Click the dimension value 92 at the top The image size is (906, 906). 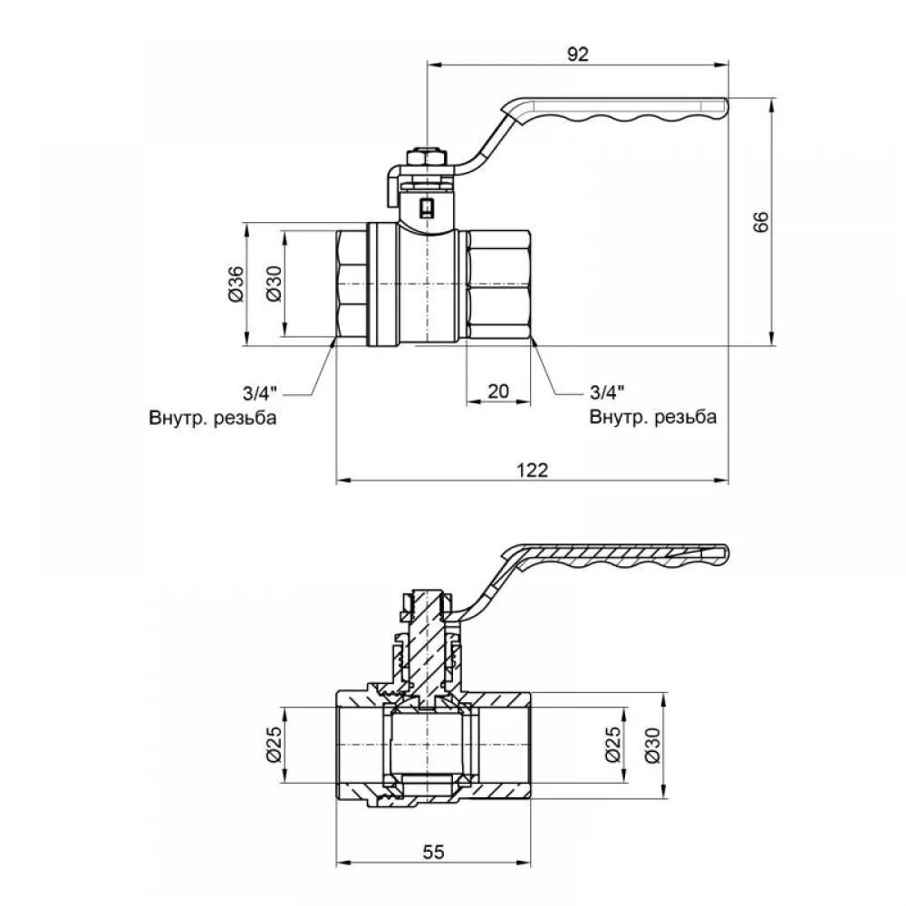[x=577, y=53]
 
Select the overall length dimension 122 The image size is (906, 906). [x=532, y=469]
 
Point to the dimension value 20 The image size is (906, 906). [x=498, y=391]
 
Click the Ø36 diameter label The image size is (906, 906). [x=236, y=284]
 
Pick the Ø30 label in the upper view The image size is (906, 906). [x=274, y=284]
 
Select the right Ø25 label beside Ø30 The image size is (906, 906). [x=613, y=744]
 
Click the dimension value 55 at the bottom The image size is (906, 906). [x=433, y=852]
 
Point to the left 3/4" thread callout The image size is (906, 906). [x=259, y=393]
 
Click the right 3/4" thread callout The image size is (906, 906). [x=607, y=392]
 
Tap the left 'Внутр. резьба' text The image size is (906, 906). [x=213, y=418]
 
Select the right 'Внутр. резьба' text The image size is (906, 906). [x=653, y=417]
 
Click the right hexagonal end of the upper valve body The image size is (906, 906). [x=498, y=284]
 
